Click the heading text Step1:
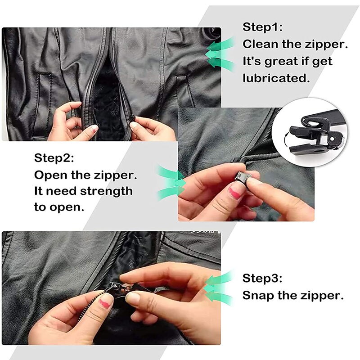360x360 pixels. pyautogui.click(x=263, y=27)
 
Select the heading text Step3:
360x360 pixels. pyautogui.click(x=263, y=278)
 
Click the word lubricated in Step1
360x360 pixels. pyautogui.click(x=277, y=77)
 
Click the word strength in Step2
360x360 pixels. pyautogui.click(x=106, y=191)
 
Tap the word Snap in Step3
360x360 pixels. pyautogui.click(x=256, y=296)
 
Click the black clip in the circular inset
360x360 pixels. pyautogui.click(x=310, y=130)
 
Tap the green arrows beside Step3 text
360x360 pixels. pyautogui.click(x=219, y=288)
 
